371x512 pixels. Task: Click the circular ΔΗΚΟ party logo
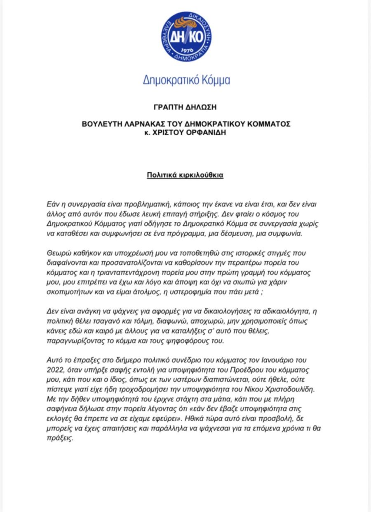[186, 37]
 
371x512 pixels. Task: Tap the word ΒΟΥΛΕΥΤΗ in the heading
[99, 124]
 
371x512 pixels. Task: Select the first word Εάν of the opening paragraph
[52, 204]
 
